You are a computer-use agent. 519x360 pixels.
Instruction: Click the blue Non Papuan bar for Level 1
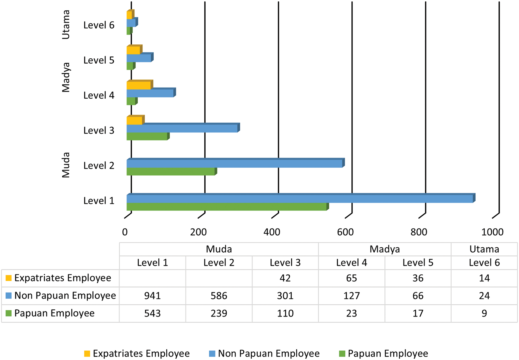pyautogui.click(x=300, y=199)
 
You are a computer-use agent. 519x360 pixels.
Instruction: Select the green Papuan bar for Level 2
pyautogui.click(x=171, y=172)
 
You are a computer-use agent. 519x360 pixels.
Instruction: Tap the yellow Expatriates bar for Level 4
pyautogui.click(x=139, y=86)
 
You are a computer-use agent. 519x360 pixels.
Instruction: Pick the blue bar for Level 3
pyautogui.click(x=182, y=129)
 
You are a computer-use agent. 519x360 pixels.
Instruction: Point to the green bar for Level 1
pyautogui.click(x=227, y=207)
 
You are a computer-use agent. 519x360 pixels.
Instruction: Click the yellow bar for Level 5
pyautogui.click(x=133, y=51)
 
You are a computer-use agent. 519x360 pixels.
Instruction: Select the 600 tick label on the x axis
pyautogui.click(x=345, y=232)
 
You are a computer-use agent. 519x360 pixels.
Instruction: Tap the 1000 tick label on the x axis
pyautogui.click(x=492, y=232)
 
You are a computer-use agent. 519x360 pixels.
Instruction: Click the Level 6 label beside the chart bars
pyautogui.click(x=99, y=25)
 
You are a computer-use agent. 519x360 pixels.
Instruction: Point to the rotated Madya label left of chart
pyautogui.click(x=66, y=77)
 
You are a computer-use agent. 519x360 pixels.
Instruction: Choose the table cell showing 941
pyautogui.click(x=152, y=296)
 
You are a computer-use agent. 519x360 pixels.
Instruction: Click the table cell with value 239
pyautogui.click(x=219, y=313)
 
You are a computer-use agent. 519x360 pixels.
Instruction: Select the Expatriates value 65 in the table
pyautogui.click(x=351, y=278)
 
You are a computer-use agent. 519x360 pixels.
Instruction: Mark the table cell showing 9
pyautogui.click(x=484, y=313)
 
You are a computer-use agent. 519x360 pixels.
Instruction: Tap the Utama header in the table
pyautogui.click(x=484, y=249)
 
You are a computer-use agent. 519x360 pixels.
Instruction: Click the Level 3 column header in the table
pyautogui.click(x=285, y=263)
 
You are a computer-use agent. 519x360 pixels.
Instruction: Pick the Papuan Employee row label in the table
pyautogui.click(x=54, y=313)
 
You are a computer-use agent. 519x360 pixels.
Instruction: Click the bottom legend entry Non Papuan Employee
pyautogui.click(x=268, y=353)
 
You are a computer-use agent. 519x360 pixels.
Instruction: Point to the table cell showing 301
pyautogui.click(x=285, y=296)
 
